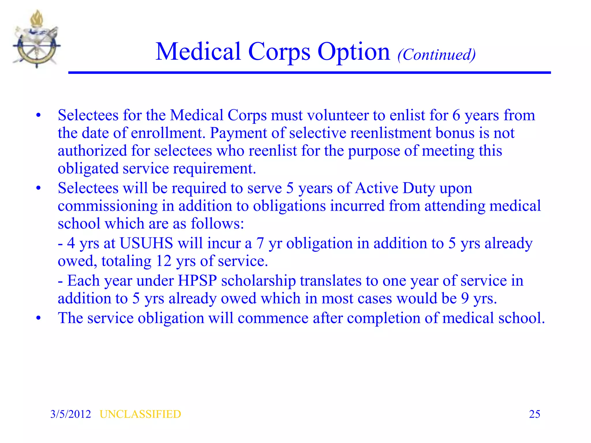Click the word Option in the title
354,52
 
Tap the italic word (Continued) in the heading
436,55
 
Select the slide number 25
534,414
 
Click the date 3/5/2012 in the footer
70,414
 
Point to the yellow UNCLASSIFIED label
140,414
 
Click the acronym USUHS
146,243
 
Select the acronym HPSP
197,281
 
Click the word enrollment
168,133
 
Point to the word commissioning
108,206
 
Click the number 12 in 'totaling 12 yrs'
164,261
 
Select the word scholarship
258,281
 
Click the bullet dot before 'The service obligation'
39,318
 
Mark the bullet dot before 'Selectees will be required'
39,188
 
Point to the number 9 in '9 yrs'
465,299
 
